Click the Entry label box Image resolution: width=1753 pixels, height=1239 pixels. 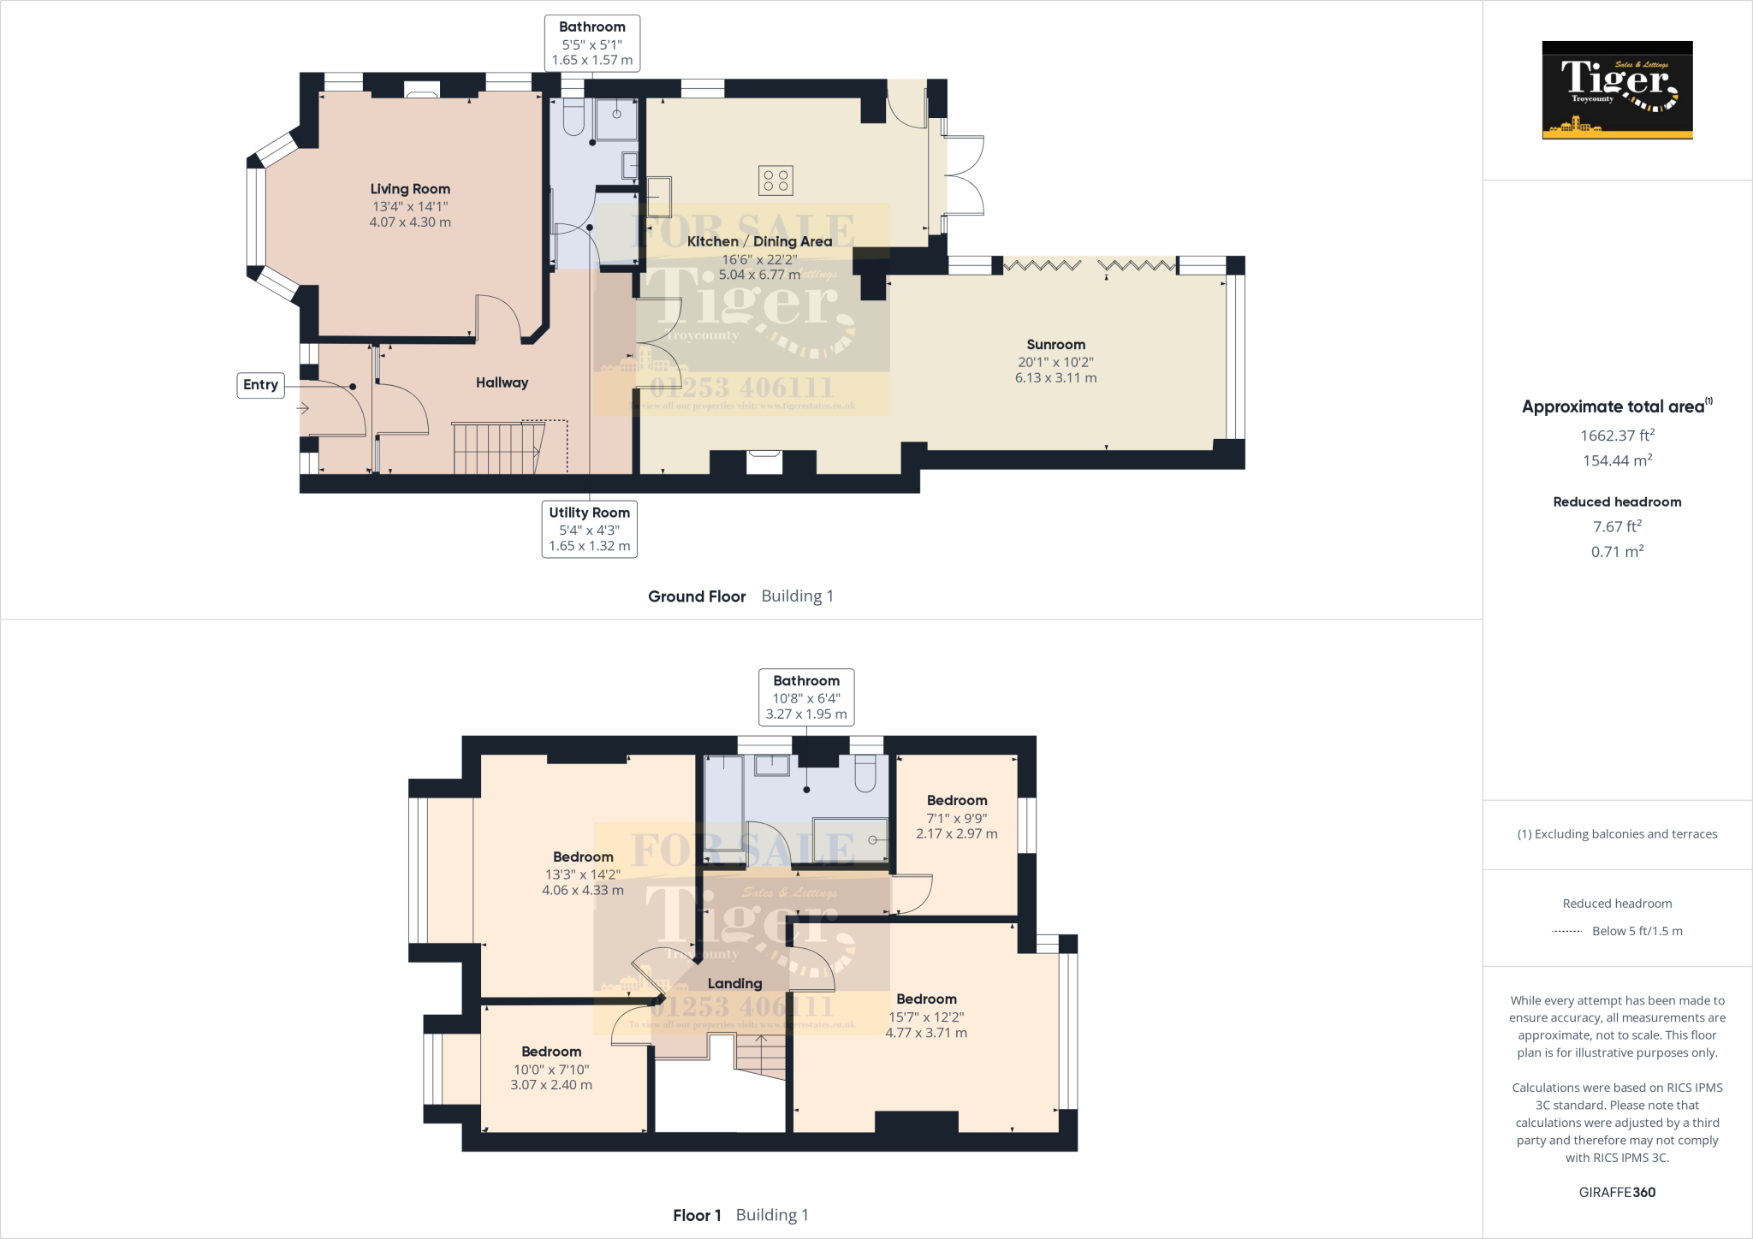point(260,385)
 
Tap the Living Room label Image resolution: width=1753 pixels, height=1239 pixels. point(410,189)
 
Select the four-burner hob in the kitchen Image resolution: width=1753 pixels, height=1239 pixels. point(775,181)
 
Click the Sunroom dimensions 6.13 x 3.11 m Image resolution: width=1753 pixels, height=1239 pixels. point(1055,377)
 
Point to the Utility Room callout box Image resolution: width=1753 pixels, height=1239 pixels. point(589,529)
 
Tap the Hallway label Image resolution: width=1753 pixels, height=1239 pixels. point(502,382)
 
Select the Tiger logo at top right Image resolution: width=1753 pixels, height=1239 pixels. point(1617,90)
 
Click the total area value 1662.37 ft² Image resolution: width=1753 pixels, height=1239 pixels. point(1617,436)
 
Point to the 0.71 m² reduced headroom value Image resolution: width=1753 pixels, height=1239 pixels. point(1617,552)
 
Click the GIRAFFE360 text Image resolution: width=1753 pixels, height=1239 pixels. point(1617,1192)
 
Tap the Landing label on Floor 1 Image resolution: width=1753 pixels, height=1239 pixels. point(734,984)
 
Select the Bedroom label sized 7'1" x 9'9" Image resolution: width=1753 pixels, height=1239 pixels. point(957,801)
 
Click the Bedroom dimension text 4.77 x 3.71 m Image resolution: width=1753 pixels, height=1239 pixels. point(926,1033)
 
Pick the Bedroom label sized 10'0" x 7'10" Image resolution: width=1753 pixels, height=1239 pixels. point(551,1052)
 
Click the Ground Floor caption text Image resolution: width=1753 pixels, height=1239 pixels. point(697,596)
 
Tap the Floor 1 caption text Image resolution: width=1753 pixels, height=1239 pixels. point(697,1215)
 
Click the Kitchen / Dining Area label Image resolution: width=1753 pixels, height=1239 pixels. point(759,241)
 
